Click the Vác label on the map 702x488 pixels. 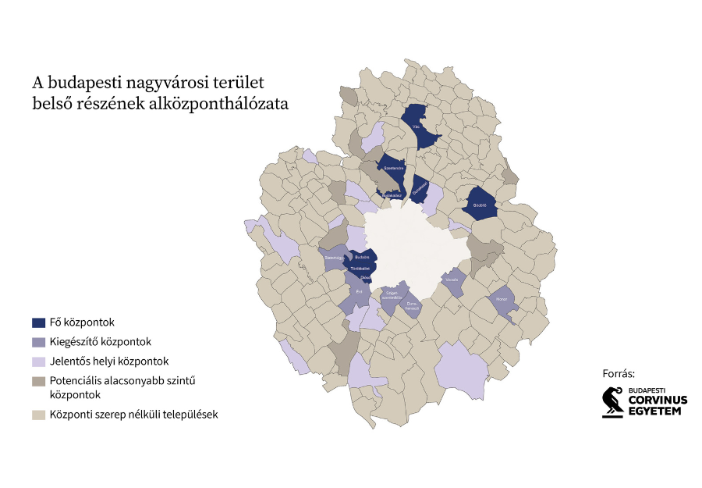click(x=417, y=124)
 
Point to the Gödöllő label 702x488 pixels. click(x=480, y=205)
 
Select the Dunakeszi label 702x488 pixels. click(x=419, y=186)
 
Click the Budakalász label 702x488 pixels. click(x=392, y=196)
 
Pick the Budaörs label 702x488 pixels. click(x=362, y=257)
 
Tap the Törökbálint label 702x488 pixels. click(x=360, y=269)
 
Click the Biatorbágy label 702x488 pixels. click(x=334, y=256)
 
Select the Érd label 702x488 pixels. click(x=360, y=291)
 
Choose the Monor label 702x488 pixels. click(x=502, y=299)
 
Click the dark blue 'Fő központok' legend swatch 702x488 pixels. click(x=38, y=322)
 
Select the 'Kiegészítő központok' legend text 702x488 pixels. click(x=101, y=342)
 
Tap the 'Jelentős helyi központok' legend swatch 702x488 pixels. click(x=38, y=362)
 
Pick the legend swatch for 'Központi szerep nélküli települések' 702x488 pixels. click(x=38, y=415)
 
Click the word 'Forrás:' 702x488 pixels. click(x=619, y=373)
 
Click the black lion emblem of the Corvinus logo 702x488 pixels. click(x=613, y=402)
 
